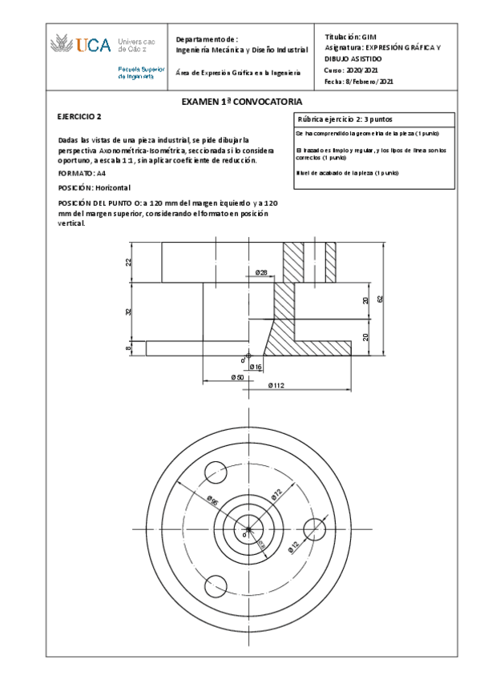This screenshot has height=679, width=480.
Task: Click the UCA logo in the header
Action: [x=80, y=46]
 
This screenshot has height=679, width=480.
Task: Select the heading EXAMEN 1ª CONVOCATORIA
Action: [x=241, y=102]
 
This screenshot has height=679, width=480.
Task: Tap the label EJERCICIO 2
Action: [x=79, y=117]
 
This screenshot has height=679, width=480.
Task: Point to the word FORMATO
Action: [x=75, y=173]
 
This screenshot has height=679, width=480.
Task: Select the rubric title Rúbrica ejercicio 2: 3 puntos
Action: [x=344, y=119]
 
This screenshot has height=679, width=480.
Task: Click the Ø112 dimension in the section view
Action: [x=276, y=385]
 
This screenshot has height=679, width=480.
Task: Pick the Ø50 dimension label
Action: [x=237, y=376]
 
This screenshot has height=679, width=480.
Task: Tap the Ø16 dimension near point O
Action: [x=256, y=366]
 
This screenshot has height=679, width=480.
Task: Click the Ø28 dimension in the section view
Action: [x=261, y=273]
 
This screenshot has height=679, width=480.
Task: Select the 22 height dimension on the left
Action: [x=128, y=262]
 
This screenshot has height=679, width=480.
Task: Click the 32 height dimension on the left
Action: [x=128, y=311]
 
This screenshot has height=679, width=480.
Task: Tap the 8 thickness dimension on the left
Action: [x=128, y=348]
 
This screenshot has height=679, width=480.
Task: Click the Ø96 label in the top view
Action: [x=212, y=500]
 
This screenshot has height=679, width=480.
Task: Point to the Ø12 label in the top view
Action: [x=293, y=546]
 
